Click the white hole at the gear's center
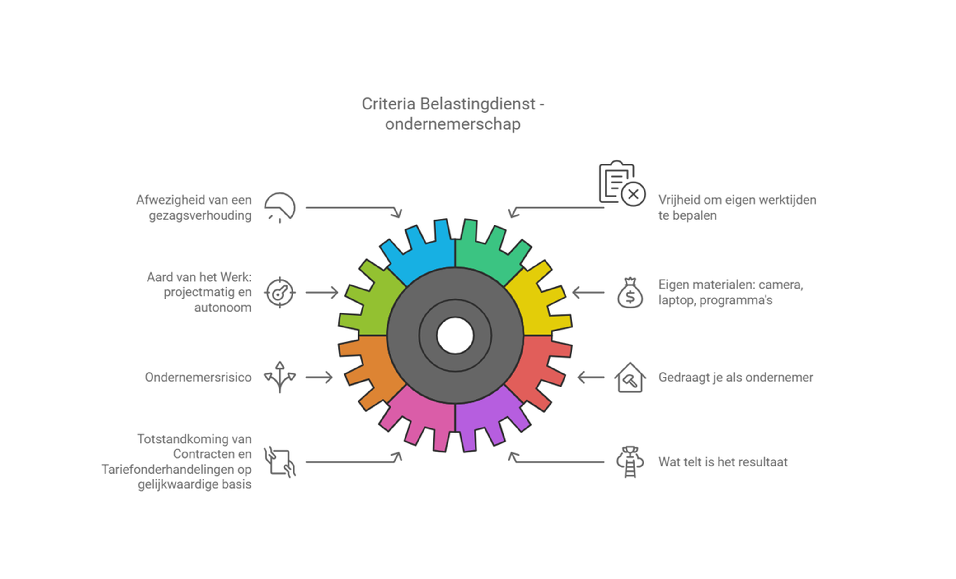455,336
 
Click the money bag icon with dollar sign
630,293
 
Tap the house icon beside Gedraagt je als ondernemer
630,377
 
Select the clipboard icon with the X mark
622,183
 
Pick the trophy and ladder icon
630,462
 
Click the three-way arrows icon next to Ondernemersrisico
280,377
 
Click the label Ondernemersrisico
198,377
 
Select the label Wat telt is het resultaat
723,462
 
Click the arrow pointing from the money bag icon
588,292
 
